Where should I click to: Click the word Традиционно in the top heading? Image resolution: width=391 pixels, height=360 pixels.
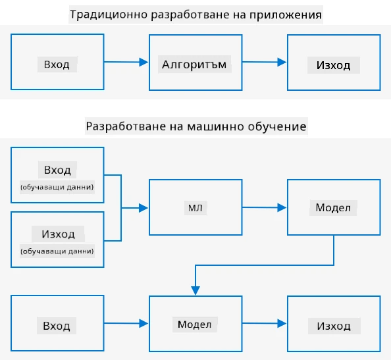(109, 14)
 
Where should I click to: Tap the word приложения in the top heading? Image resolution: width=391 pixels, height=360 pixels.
(286, 15)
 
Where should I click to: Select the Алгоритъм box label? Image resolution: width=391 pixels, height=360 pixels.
(194, 64)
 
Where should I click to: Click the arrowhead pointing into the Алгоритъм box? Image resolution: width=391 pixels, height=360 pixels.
(143, 62)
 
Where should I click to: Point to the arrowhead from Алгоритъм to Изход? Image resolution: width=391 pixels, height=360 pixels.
(282, 62)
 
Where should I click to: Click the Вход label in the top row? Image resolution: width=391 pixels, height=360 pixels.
(57, 64)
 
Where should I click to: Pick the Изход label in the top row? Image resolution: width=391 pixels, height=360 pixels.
(333, 65)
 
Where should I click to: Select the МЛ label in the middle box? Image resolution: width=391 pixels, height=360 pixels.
(195, 208)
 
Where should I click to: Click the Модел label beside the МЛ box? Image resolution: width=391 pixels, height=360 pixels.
(333, 208)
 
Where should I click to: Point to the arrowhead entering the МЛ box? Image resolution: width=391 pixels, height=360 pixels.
(143, 208)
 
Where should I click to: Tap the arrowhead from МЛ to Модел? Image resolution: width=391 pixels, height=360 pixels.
(282, 207)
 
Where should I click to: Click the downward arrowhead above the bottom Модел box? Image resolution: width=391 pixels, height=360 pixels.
(195, 290)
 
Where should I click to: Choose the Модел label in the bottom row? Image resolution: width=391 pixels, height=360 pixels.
(194, 324)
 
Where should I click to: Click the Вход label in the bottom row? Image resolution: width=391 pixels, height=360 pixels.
(57, 326)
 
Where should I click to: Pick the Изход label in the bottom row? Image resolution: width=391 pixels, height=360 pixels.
(334, 326)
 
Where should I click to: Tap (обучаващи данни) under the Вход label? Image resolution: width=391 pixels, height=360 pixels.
(57, 187)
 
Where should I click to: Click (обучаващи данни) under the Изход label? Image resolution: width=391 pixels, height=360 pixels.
(57, 251)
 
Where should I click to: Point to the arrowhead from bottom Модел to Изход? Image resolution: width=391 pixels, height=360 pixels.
(282, 323)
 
